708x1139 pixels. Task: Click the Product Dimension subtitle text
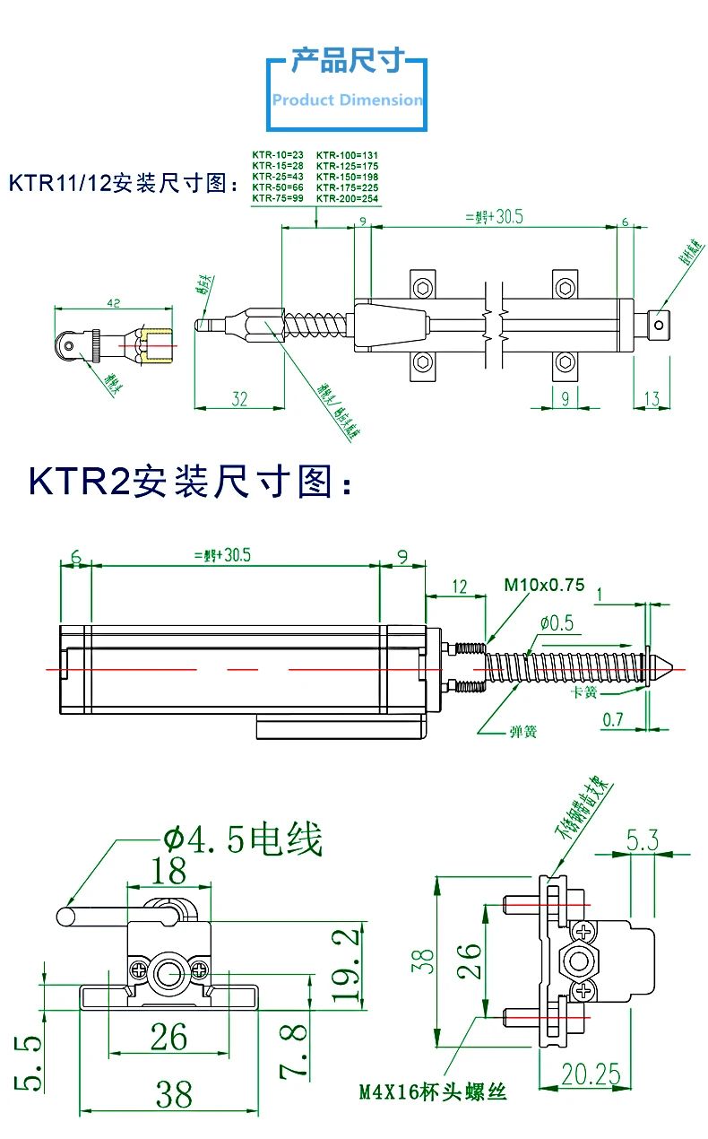click(x=347, y=100)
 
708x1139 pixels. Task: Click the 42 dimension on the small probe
click(x=113, y=304)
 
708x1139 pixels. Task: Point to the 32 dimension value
click(x=239, y=399)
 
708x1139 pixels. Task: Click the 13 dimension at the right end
click(x=651, y=399)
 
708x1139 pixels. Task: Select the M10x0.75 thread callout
click(x=544, y=586)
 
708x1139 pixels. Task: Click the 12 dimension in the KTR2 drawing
click(x=458, y=587)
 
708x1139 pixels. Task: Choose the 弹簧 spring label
click(x=518, y=732)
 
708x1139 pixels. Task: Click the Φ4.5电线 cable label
click(x=241, y=840)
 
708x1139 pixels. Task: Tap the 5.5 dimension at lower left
click(x=27, y=1063)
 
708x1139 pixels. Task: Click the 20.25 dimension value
click(x=593, y=1074)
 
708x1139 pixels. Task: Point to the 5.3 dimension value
click(x=643, y=840)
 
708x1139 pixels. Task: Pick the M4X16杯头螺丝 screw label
click(x=433, y=1092)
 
